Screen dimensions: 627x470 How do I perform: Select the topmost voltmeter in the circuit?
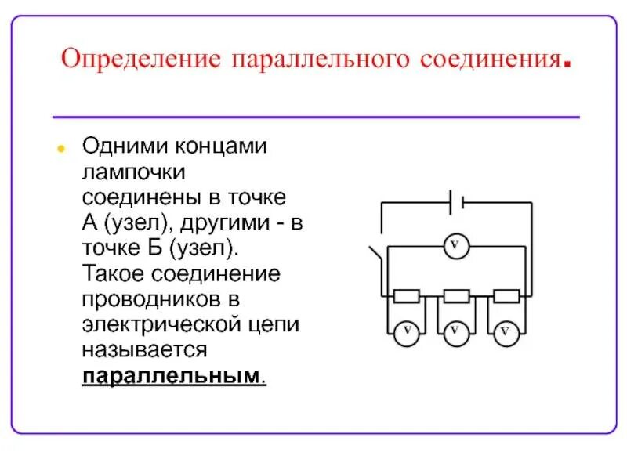coord(455,247)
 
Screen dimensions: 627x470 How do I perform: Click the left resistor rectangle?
coord(406,296)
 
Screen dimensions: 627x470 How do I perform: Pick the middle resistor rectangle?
coord(456,296)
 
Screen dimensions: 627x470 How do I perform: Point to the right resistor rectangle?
coord(506,296)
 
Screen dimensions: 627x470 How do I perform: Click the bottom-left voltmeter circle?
coord(406,332)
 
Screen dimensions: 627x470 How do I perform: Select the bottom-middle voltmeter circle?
coord(455,331)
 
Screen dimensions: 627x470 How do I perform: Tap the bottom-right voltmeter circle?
coord(506,332)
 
